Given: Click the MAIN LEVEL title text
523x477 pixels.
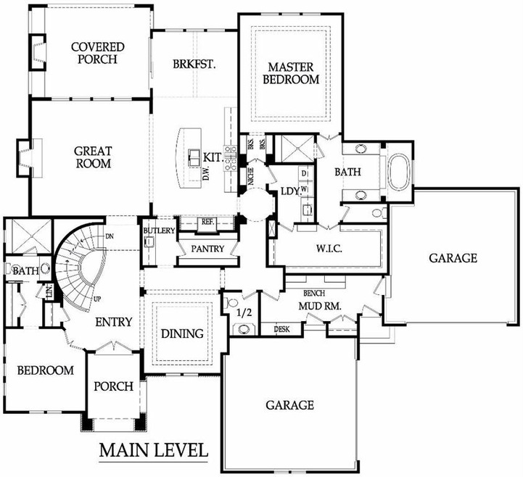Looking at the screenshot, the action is pyautogui.click(x=154, y=450).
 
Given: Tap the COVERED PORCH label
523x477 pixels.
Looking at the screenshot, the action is pyautogui.click(x=98, y=53).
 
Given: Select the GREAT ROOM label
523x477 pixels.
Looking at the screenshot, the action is pyautogui.click(x=93, y=157).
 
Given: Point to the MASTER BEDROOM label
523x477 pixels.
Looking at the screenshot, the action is pyautogui.click(x=291, y=73).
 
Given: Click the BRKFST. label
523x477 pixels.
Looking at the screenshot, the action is pyautogui.click(x=194, y=64).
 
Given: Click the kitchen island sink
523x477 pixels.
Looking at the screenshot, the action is pyautogui.click(x=194, y=157).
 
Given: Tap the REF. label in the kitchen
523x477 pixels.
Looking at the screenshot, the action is pyautogui.click(x=207, y=222).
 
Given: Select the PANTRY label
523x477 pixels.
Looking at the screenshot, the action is pyautogui.click(x=207, y=249).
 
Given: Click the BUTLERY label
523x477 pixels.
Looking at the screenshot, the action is pyautogui.click(x=159, y=231).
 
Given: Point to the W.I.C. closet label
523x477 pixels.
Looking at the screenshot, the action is pyautogui.click(x=329, y=249).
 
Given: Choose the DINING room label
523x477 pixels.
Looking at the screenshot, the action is pyautogui.click(x=182, y=333).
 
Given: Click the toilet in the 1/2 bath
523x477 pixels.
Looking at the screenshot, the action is pyautogui.click(x=231, y=302).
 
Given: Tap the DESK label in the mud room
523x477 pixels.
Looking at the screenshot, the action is pyautogui.click(x=281, y=329).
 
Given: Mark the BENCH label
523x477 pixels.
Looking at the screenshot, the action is pyautogui.click(x=314, y=293).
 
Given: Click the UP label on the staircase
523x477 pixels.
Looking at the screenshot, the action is pyautogui.click(x=97, y=299).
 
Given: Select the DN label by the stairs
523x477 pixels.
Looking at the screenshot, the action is pyautogui.click(x=110, y=236).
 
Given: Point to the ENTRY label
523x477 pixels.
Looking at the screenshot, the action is pyautogui.click(x=114, y=322).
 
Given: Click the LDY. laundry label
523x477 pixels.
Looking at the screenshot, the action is pyautogui.click(x=289, y=191).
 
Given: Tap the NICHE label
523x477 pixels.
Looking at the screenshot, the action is pyautogui.click(x=251, y=175).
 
